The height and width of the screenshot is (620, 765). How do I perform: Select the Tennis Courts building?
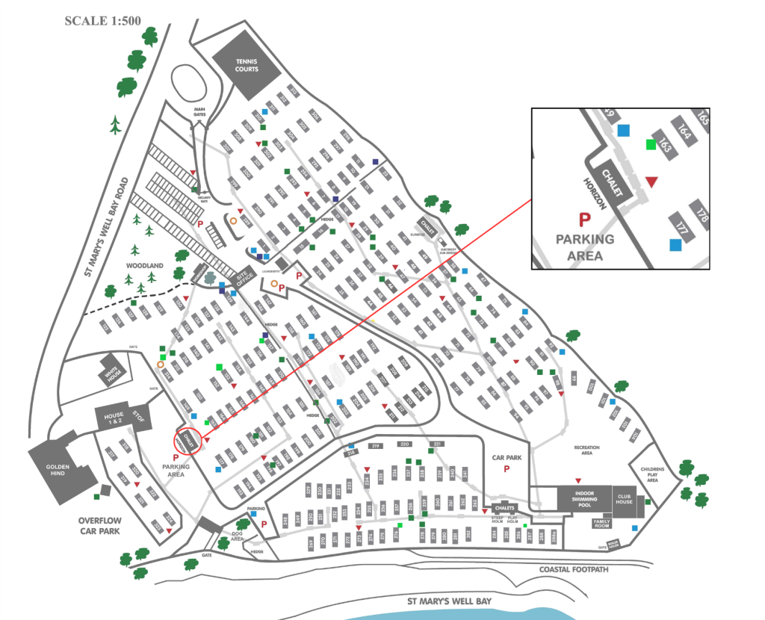[247, 66]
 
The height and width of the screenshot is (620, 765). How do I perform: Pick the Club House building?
[624, 498]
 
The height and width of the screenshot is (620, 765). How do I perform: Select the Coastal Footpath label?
[574, 570]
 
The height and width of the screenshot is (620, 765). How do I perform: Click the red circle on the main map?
[188, 439]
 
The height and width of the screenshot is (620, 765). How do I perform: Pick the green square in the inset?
[651, 144]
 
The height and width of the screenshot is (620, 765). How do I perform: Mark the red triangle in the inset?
[651, 182]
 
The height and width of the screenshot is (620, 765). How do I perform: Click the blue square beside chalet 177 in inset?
[675, 244]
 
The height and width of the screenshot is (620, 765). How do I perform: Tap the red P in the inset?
[585, 219]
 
